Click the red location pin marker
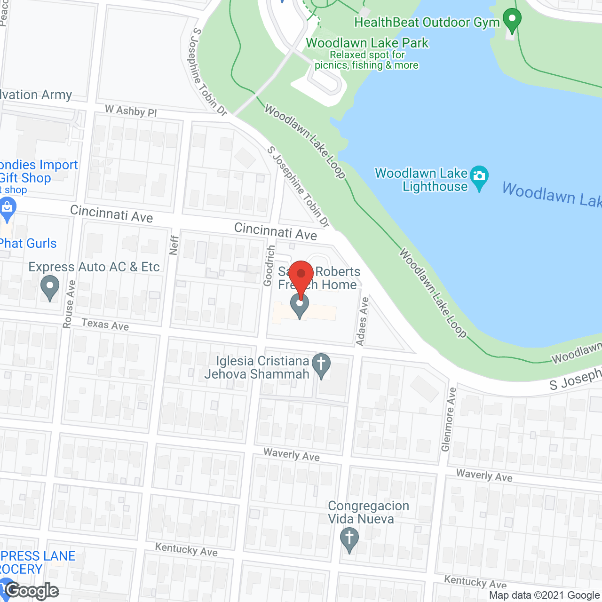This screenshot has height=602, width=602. pos(301,274)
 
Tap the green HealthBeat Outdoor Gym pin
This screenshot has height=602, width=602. pos(512,20)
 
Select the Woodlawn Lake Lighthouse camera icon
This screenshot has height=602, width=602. pos(479,177)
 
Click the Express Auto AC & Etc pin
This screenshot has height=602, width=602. pos(49,287)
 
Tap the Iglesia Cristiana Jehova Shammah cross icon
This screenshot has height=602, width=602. pos(321,365)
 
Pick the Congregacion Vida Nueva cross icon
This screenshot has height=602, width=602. pos(349,539)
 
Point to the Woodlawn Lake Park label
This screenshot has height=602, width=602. pos(367,43)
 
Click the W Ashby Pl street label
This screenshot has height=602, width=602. pos(131,111)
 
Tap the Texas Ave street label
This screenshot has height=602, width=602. pos(105,325)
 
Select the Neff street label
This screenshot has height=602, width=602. pos(174,245)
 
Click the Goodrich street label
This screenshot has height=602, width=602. pos(269,265)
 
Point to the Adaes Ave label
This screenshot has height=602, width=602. pos(363,321)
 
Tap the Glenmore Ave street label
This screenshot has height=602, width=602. pos(448,419)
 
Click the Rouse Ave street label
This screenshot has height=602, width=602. pos(69,304)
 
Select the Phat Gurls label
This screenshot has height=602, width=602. pos(28,244)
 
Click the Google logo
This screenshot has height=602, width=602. pos(32,590)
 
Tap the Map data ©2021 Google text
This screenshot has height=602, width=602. pos(544,595)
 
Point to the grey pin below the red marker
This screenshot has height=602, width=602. pos(300,306)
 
